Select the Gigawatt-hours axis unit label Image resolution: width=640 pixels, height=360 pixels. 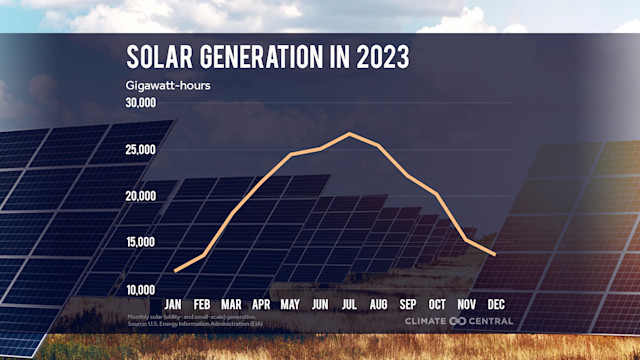coord(168,84)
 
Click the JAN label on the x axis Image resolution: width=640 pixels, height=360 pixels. coord(174,303)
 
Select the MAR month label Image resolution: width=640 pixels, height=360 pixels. coord(232,303)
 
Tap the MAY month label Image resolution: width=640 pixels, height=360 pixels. coord(291,303)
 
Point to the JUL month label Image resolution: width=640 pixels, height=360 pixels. coord(350,303)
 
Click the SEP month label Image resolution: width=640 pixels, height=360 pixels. coord(408,303)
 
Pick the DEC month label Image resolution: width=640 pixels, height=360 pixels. coord(495,303)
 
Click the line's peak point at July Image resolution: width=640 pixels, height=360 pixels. coord(350,133)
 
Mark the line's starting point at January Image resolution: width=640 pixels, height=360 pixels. coord(175,271)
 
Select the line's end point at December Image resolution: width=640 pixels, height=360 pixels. coord(495,254)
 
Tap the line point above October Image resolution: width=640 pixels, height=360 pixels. coord(437,193)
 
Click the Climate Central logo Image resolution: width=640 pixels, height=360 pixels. coord(458,321)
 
